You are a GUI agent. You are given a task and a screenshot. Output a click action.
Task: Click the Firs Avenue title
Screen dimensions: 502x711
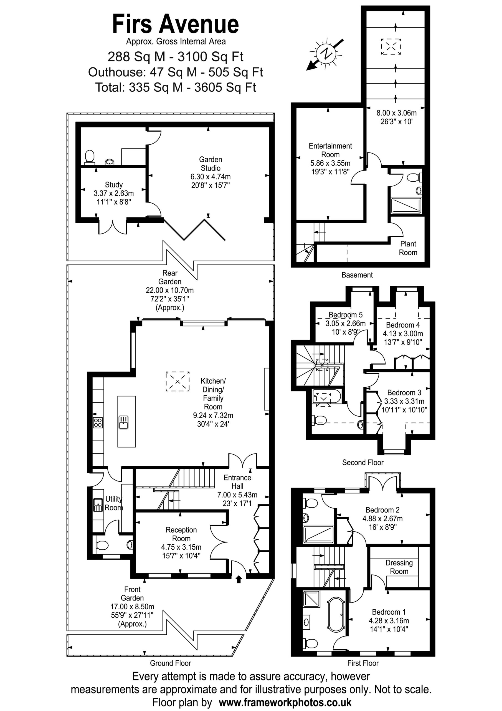(x=175, y=24)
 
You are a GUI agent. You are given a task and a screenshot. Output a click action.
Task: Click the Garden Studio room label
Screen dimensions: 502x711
(x=210, y=164)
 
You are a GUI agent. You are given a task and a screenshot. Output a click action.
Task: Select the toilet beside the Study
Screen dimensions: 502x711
(x=90, y=156)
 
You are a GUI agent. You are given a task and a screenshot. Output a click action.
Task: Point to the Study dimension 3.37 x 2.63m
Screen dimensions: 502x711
(x=114, y=194)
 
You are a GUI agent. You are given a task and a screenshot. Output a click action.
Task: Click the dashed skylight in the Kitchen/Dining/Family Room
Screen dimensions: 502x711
(x=178, y=382)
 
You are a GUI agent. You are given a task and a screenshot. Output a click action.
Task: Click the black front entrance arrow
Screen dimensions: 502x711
(x=239, y=579)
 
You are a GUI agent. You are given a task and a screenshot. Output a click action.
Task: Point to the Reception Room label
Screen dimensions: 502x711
(x=181, y=534)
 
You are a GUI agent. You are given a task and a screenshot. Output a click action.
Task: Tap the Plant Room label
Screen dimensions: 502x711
(x=408, y=248)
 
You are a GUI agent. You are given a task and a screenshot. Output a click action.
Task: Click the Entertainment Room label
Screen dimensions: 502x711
(x=330, y=150)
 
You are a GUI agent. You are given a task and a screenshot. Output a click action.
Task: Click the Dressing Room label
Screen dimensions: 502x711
(x=399, y=567)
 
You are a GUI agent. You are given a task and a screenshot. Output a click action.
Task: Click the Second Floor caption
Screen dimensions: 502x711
(x=363, y=462)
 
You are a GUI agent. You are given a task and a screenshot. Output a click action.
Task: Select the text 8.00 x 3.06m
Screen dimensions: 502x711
(x=397, y=113)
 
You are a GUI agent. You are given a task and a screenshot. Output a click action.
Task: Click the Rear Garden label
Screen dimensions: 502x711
(x=170, y=277)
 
